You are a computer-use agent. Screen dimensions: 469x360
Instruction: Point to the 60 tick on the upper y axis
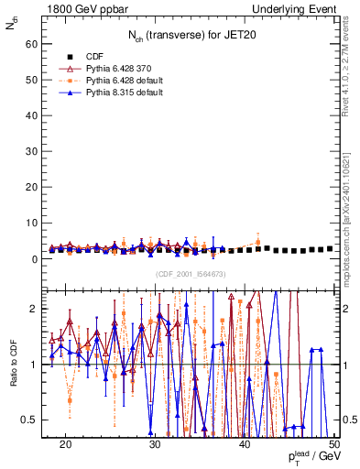[34, 43]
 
